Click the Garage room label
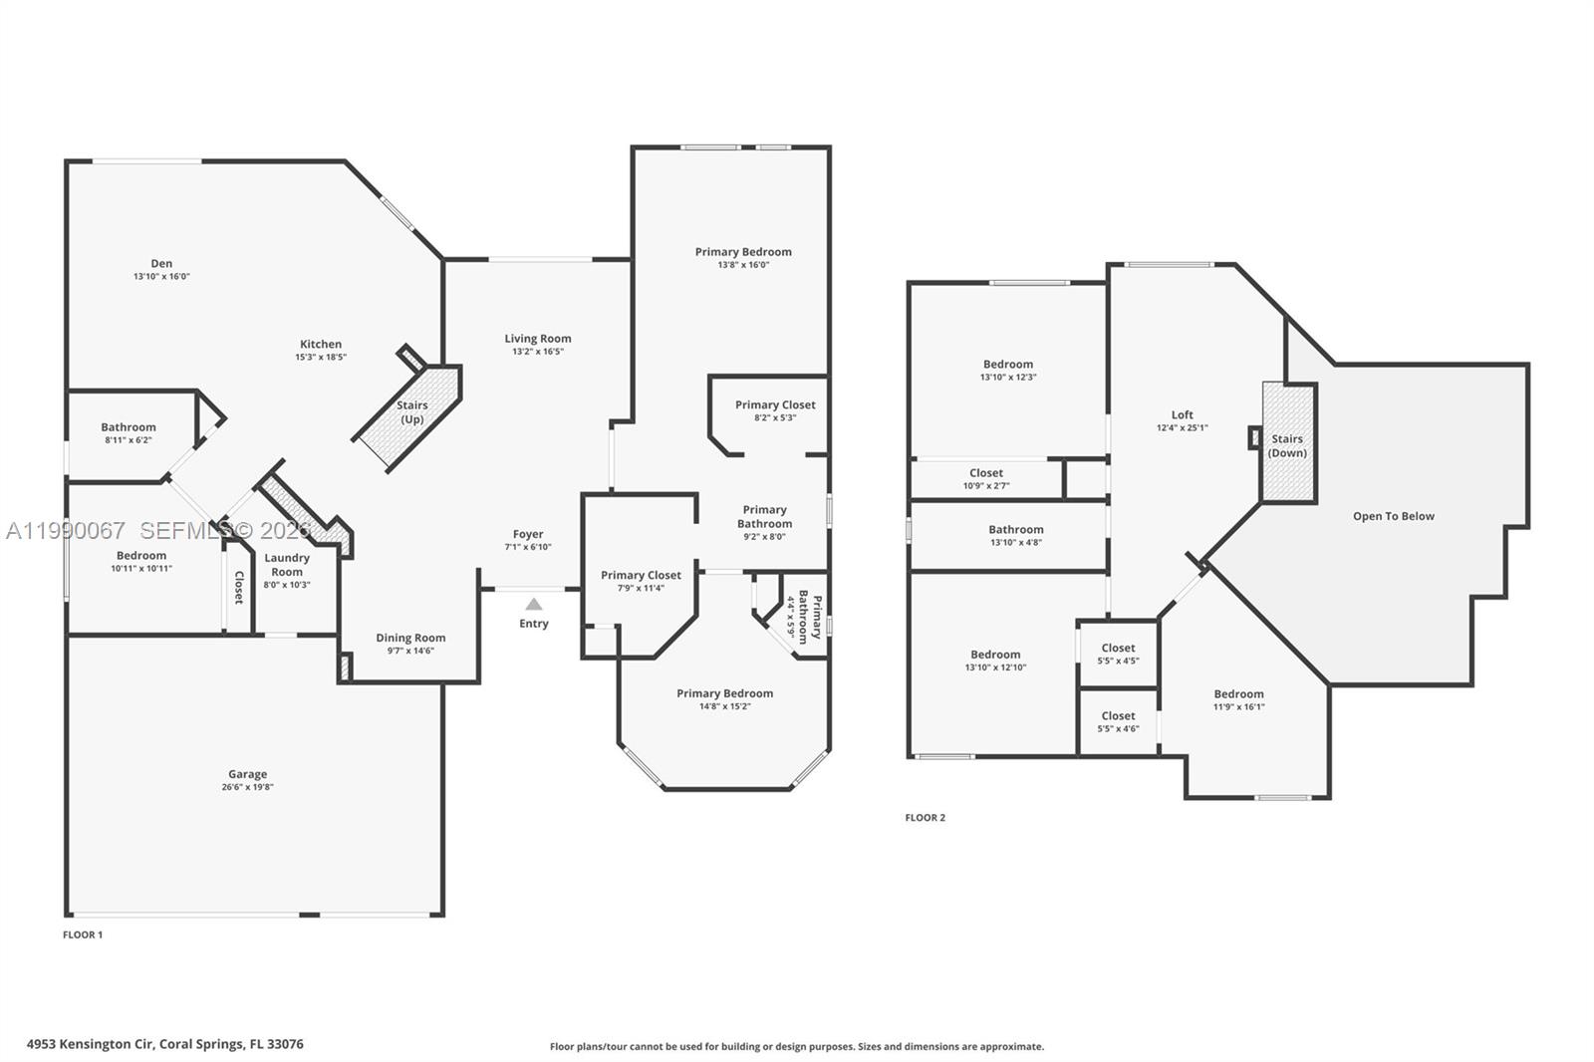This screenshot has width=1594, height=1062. click(x=247, y=774)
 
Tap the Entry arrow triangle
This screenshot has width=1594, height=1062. click(x=534, y=604)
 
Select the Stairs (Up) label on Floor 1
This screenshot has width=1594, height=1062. click(x=411, y=411)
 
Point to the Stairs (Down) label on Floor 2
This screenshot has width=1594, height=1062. click(x=1287, y=445)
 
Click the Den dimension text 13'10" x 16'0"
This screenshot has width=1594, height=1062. click(x=161, y=276)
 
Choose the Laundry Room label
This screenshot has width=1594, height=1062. click(x=287, y=565)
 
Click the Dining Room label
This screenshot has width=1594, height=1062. click(x=410, y=638)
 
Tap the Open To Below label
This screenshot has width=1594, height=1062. click(x=1393, y=516)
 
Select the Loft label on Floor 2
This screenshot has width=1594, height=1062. click(x=1183, y=414)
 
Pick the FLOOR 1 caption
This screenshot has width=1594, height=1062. click(x=83, y=934)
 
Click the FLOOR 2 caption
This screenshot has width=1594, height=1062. click(x=925, y=817)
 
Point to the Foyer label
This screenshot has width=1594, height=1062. click(x=528, y=534)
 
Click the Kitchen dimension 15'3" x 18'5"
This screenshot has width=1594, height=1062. click(x=321, y=357)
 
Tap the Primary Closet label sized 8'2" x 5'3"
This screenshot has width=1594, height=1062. click(x=775, y=404)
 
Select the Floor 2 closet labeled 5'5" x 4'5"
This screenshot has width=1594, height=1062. click(x=1118, y=648)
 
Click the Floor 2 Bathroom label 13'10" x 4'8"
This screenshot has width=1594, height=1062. click(x=1016, y=530)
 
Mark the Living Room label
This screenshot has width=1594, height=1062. click(x=538, y=339)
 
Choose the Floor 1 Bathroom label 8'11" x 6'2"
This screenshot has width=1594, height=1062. click(x=129, y=427)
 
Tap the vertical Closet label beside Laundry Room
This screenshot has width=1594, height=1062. click(x=238, y=587)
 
